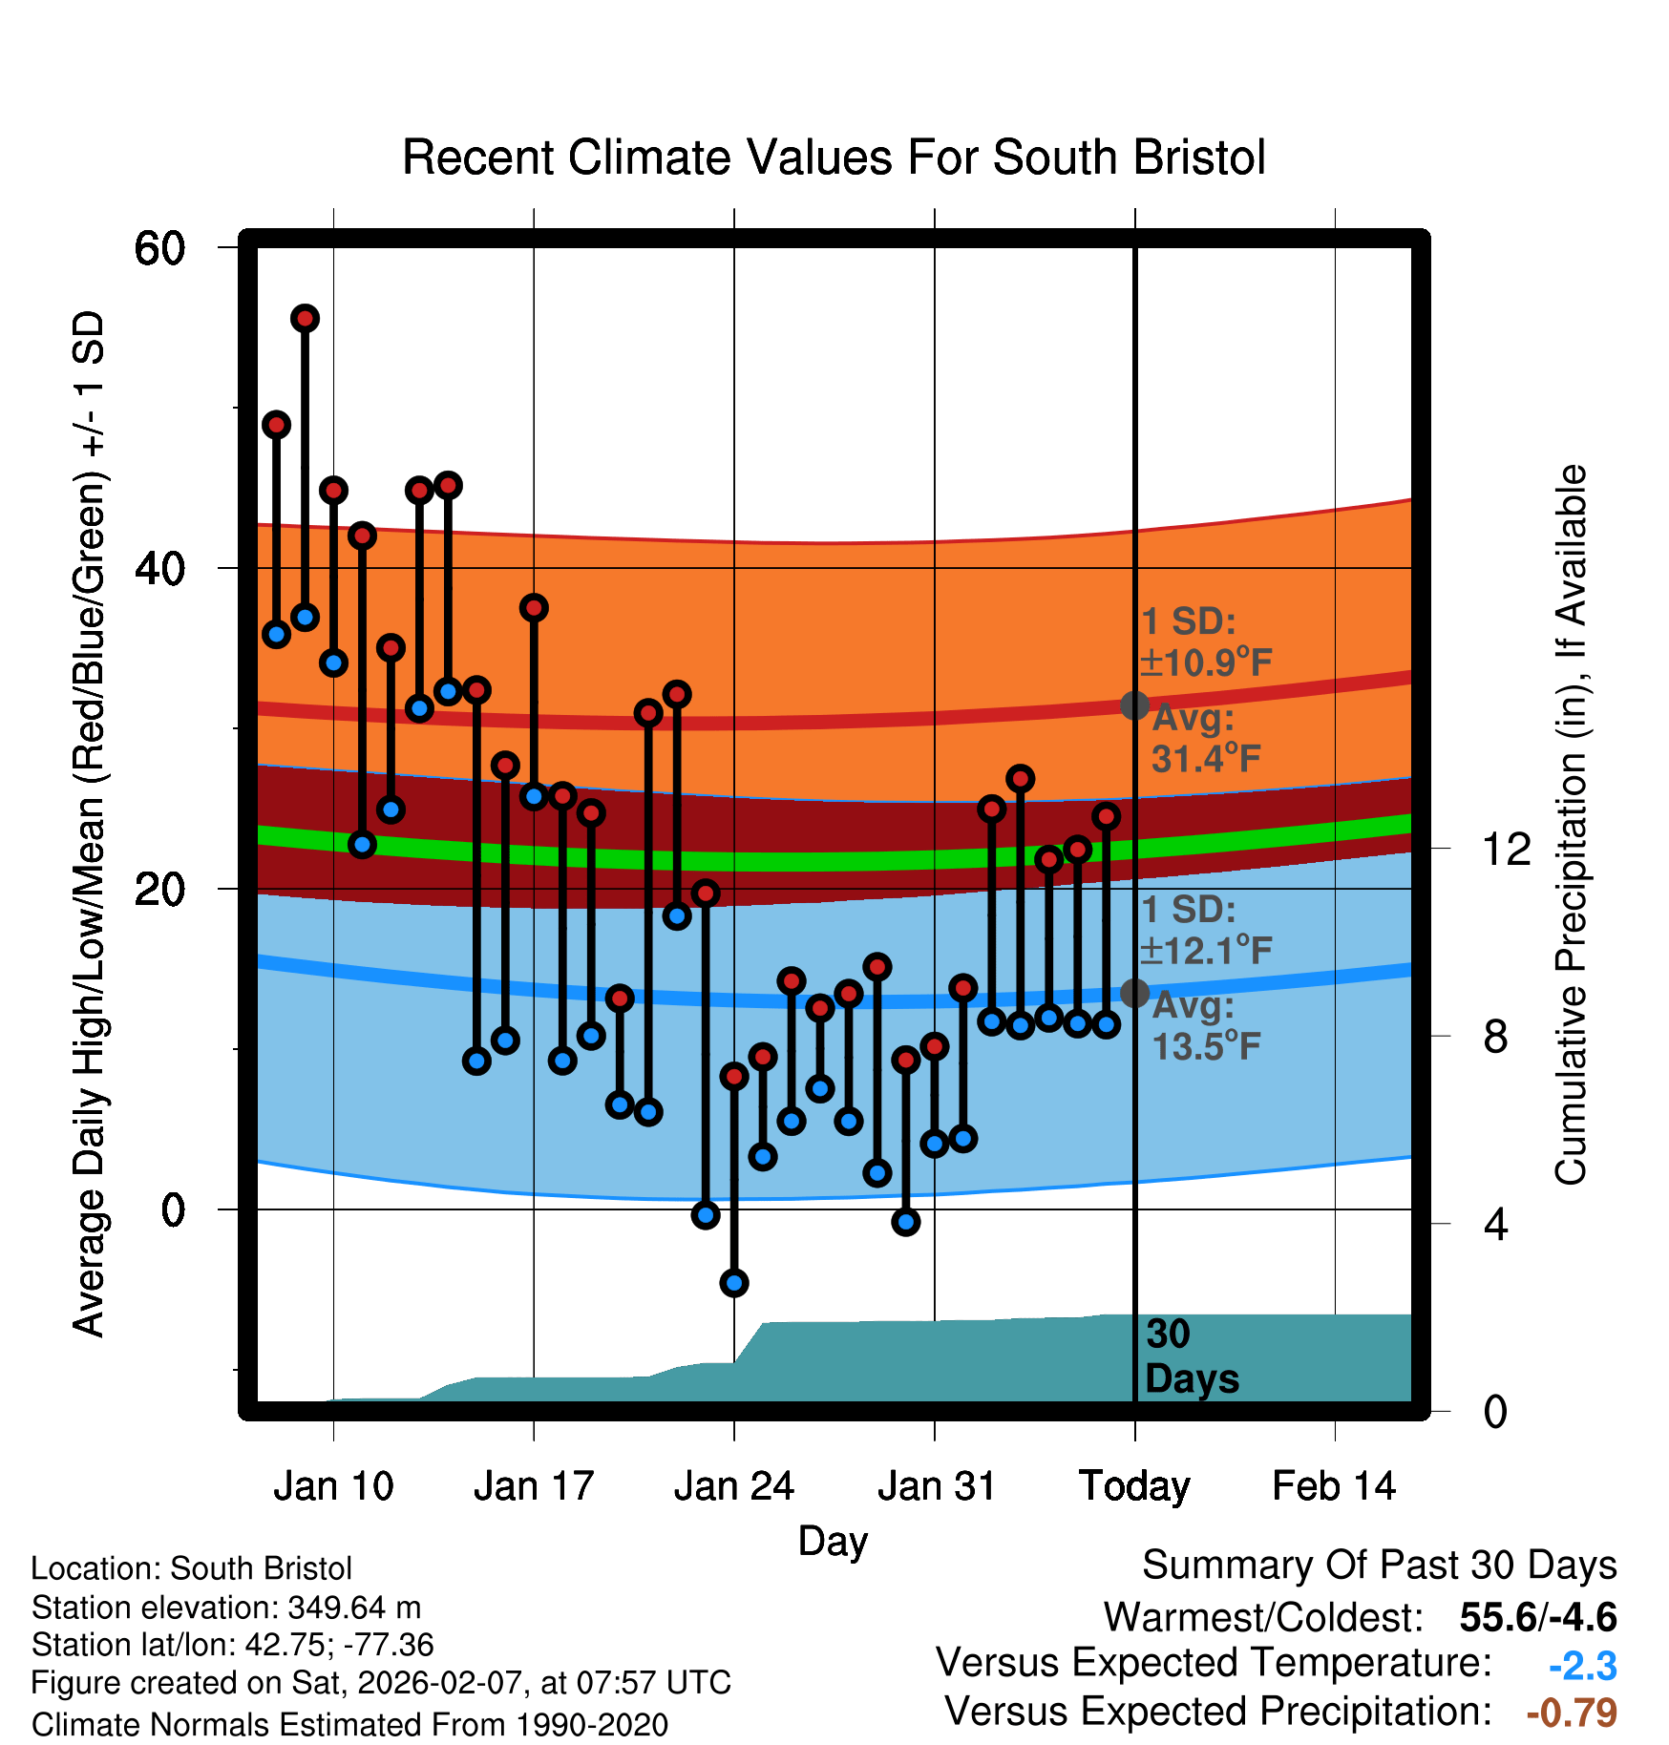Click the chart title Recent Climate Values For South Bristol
click(x=834, y=158)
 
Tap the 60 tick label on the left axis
click(x=159, y=249)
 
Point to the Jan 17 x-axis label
click(x=534, y=1486)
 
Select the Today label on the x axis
click(x=1134, y=1486)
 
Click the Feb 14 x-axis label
click(x=1334, y=1486)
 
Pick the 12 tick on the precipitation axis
click(x=1506, y=849)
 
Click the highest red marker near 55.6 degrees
click(x=305, y=318)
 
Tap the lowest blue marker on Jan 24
click(x=734, y=1282)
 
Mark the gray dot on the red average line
click(x=1134, y=705)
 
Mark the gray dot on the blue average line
click(x=1134, y=993)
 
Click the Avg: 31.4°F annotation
click(x=1206, y=739)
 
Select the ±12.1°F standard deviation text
click(x=1206, y=950)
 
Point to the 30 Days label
click(x=1191, y=1356)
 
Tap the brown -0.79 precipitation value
click(x=1572, y=1713)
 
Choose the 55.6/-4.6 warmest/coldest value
click(x=1538, y=1617)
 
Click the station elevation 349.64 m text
click(x=226, y=1608)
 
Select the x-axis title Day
click(x=833, y=1541)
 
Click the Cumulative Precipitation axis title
click(x=1571, y=825)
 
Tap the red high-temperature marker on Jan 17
click(x=534, y=607)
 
